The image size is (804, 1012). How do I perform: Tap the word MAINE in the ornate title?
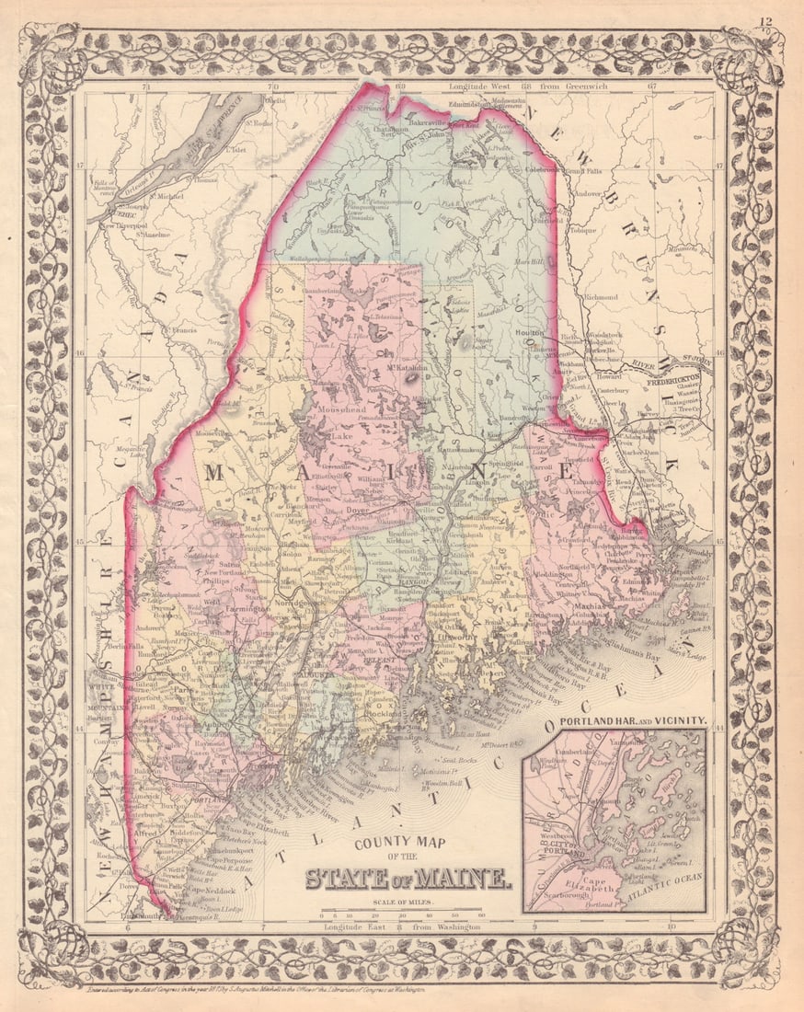click(468, 879)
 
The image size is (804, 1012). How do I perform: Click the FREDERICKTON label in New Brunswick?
click(676, 376)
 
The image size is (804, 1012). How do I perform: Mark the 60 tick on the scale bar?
click(482, 915)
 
